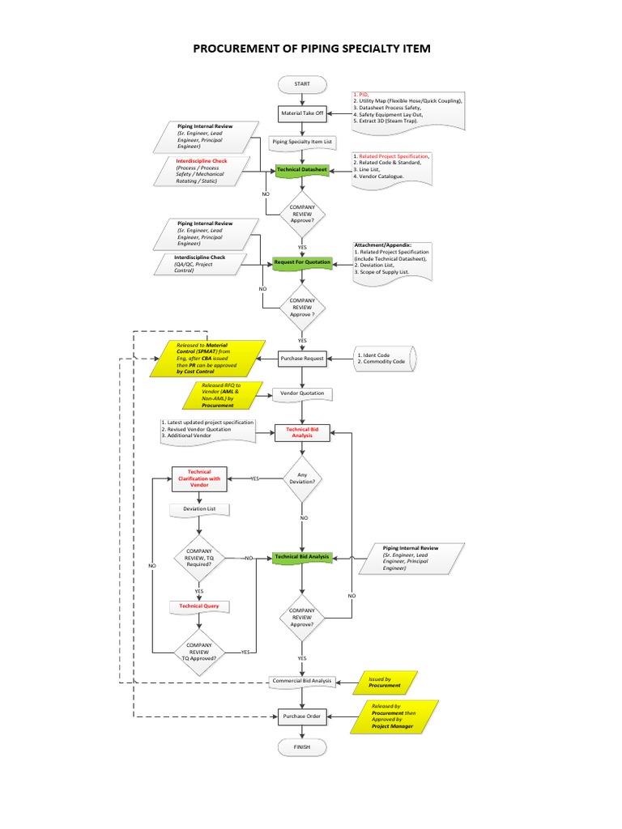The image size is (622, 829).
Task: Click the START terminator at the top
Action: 302,84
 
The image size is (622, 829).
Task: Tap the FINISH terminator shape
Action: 302,746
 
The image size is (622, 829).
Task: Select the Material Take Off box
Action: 302,113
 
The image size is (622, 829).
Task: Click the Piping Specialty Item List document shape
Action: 302,142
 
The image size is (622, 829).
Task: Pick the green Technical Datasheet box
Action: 302,170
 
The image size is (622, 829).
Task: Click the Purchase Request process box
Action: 302,358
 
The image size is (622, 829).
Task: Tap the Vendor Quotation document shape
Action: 302,393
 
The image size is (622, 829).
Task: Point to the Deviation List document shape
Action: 199,509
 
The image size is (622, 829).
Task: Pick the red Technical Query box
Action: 199,606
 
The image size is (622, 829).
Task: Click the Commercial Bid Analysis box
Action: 302,682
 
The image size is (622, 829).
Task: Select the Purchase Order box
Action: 302,716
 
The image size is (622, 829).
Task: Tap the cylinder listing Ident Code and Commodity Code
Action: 383,358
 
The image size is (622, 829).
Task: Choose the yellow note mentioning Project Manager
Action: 393,716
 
